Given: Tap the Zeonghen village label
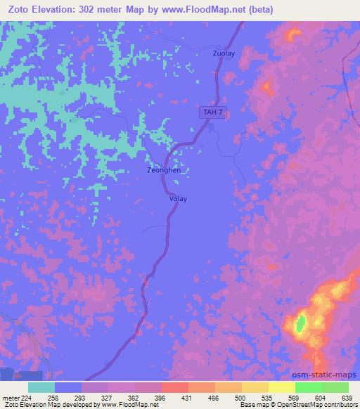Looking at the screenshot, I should [x=164, y=170].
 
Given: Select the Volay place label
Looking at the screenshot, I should [x=178, y=199].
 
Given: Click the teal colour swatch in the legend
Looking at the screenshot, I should [x=41, y=387].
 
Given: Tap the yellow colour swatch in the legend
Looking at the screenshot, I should [x=282, y=387].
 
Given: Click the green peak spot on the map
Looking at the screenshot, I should [x=300, y=323].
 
